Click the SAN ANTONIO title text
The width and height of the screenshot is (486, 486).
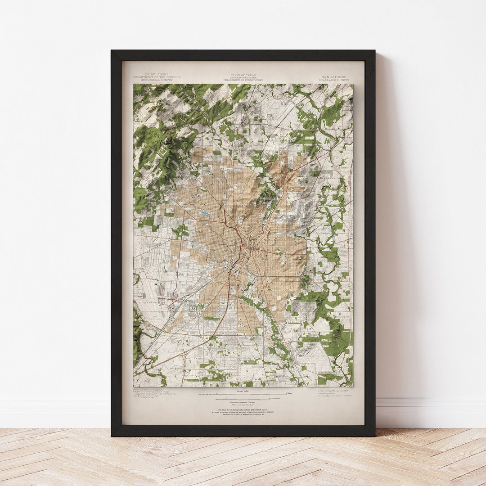(333, 77)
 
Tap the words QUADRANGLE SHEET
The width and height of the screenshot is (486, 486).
(333, 80)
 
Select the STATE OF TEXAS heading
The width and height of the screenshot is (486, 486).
(243, 75)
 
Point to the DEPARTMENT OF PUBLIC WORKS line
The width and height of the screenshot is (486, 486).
(243, 80)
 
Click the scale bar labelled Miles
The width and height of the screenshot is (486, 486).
(243, 393)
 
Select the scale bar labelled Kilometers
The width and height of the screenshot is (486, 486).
(243, 399)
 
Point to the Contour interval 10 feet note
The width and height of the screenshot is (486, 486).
(243, 403)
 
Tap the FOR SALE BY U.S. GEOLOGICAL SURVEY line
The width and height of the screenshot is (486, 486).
(243, 410)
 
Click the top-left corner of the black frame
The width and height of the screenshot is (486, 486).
(112, 51)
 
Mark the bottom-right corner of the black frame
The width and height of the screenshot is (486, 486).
(374, 435)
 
